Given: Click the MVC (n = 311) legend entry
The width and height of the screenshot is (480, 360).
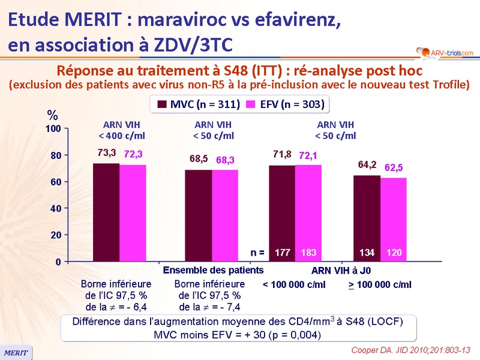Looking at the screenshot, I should pos(199,104).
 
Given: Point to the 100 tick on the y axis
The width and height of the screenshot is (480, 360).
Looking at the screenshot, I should pos(53,128).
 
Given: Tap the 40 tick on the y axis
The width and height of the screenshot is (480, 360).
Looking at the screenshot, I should pos(55,208).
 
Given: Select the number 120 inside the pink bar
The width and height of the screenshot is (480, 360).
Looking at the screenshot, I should pos(394,253).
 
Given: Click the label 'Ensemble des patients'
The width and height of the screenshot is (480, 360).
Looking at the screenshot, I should pos(213,270).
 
